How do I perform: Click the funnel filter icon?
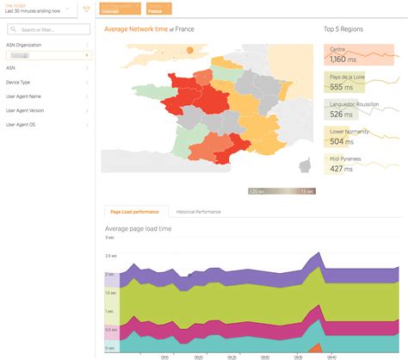pyautogui.click(x=85, y=9)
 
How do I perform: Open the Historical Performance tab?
pyautogui.click(x=199, y=211)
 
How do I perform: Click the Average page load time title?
pyautogui.click(x=138, y=228)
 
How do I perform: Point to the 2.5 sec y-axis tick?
pyautogui.click(x=110, y=256)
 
